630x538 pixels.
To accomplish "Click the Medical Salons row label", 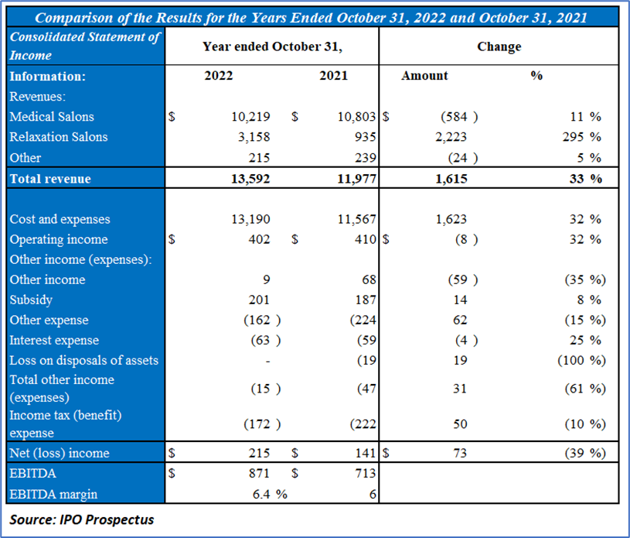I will coord(52,117).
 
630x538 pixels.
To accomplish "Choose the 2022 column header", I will coord(218,76).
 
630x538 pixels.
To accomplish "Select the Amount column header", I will coord(424,76).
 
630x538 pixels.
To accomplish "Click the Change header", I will coord(499,46).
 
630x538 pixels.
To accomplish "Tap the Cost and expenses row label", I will coord(60,219).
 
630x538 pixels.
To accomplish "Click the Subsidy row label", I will coord(31,300).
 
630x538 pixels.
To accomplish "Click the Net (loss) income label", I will coord(60,453).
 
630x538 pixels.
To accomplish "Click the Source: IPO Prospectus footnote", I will coord(82,519).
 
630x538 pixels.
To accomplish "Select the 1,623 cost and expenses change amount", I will coord(452,219).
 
